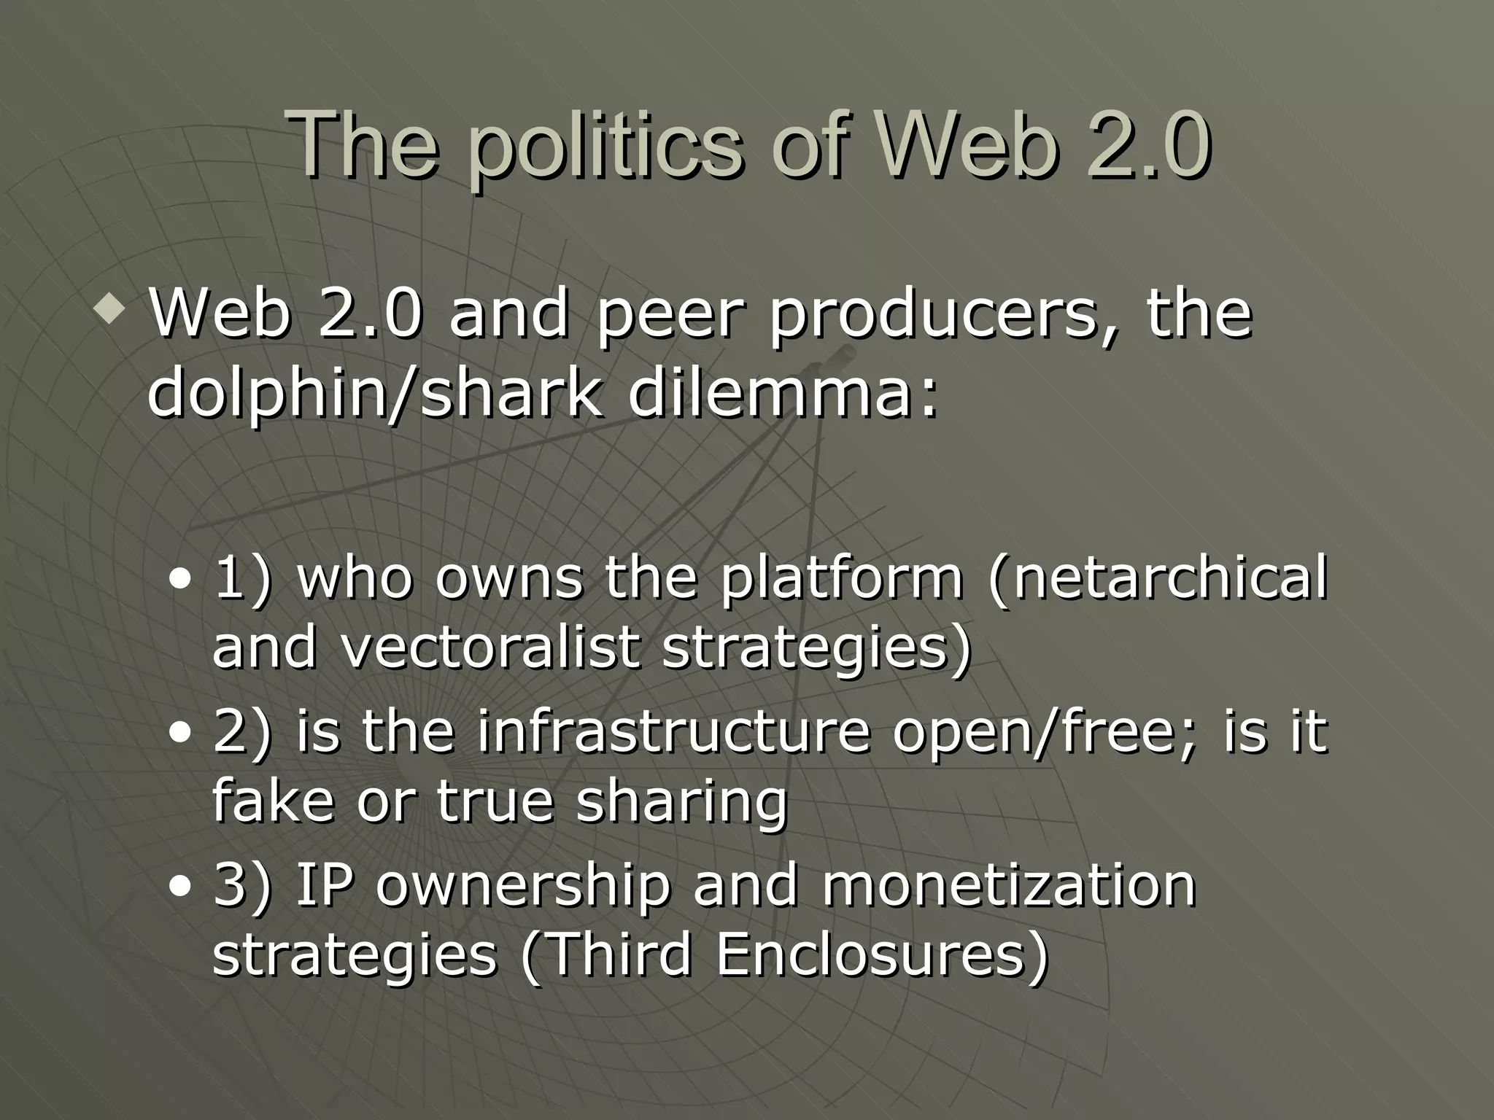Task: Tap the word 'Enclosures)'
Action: tap(882, 954)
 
